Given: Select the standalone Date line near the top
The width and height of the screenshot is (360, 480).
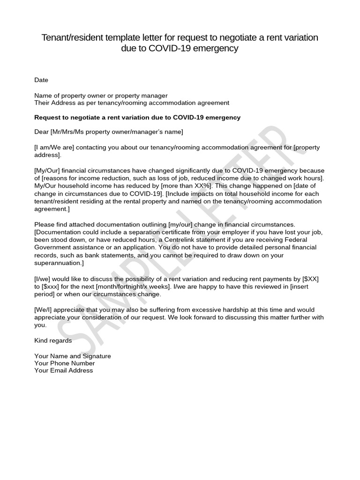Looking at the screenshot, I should [41, 80].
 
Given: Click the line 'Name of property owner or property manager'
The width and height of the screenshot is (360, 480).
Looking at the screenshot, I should [101, 96].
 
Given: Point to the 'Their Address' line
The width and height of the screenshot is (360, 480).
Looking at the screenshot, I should [132, 103].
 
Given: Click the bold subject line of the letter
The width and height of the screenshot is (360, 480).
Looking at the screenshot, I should [137, 117].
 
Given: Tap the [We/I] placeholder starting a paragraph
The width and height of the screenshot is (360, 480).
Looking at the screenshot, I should [43, 310].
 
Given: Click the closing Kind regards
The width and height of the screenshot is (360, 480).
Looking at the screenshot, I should [53, 340].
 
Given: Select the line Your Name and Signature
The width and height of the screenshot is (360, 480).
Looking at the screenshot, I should [73, 356].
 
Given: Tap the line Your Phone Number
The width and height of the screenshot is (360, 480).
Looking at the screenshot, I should [65, 363].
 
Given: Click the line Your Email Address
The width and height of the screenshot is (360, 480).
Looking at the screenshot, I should [64, 370].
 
